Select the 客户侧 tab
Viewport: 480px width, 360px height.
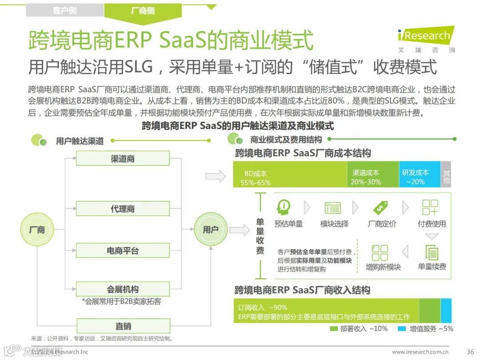64,10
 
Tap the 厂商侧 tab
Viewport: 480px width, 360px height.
143,10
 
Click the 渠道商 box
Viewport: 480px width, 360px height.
123,158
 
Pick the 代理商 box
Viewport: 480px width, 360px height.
123,209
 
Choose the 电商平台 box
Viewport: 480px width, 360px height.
123,251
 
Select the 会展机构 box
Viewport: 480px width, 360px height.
123,289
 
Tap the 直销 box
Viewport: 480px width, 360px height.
123,326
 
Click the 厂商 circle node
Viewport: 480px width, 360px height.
37,230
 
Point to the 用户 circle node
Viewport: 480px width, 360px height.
210,230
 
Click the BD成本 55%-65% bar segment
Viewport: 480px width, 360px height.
290,174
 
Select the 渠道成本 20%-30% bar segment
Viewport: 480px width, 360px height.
372,174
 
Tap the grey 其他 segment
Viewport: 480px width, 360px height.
446,174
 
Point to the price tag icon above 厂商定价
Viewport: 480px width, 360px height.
381,207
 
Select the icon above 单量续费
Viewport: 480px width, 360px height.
432,252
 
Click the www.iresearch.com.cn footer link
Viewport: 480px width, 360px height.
420,352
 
